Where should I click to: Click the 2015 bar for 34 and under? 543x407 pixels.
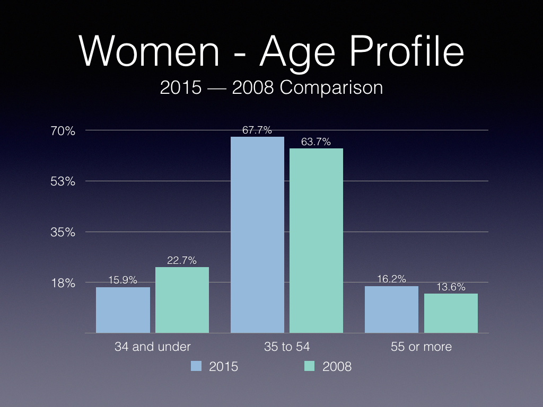click(x=123, y=310)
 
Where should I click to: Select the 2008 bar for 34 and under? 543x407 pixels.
click(x=182, y=300)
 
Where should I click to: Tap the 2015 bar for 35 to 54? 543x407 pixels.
click(x=257, y=235)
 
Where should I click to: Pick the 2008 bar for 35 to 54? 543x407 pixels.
click(x=316, y=241)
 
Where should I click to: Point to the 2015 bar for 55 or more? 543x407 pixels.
click(x=391, y=309)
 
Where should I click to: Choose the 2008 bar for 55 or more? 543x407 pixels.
click(x=451, y=313)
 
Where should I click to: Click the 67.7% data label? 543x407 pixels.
click(x=257, y=130)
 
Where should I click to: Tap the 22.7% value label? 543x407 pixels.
click(x=182, y=260)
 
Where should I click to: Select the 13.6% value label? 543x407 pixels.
click(x=451, y=287)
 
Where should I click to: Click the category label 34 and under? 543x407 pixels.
click(x=153, y=347)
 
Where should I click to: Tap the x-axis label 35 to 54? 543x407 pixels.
click(x=287, y=347)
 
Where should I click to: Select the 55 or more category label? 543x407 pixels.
click(x=422, y=347)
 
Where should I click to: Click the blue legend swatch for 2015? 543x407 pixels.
click(x=196, y=366)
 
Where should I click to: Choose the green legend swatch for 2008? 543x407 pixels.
click(x=309, y=366)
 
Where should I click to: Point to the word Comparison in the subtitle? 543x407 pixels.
click(x=331, y=87)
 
